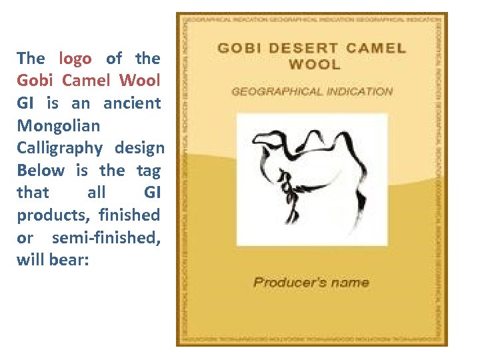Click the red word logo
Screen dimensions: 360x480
[75, 59]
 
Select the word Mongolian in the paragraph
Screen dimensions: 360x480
[58, 125]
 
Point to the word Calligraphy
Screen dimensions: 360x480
[59, 148]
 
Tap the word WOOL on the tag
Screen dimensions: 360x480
[314, 65]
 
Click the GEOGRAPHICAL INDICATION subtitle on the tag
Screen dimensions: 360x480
[312, 91]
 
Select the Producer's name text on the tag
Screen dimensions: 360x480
[311, 282]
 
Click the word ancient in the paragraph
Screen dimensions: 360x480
[132, 103]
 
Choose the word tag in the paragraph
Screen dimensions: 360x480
[149, 170]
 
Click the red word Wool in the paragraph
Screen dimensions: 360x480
[140, 81]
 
